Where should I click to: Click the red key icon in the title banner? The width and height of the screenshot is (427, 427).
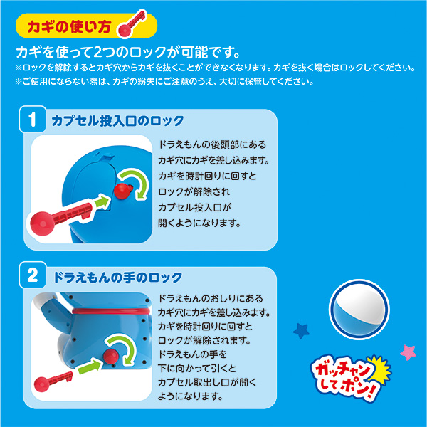pos(134,26)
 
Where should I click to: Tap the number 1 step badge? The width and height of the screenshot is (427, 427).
pos(32,120)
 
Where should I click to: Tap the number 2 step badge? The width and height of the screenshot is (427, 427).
pos(32,277)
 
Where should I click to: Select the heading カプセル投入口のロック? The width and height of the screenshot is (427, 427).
pos(117,120)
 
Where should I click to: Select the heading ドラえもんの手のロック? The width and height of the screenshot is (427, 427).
pos(117,277)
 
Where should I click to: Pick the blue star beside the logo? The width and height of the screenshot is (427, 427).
pos(300,330)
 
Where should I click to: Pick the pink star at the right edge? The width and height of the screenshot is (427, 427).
pos(408,352)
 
